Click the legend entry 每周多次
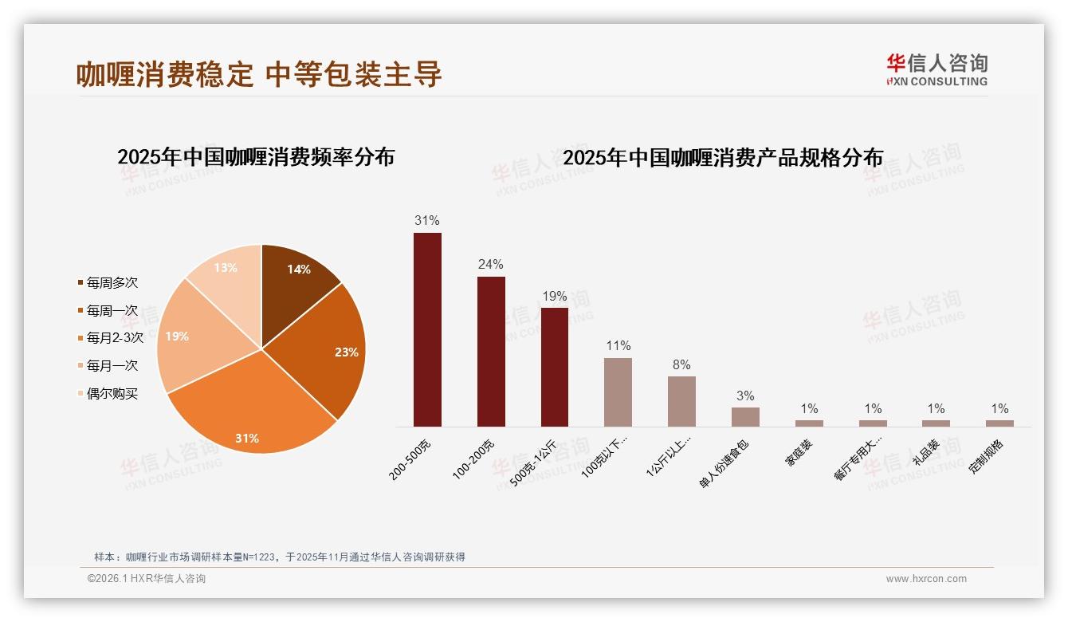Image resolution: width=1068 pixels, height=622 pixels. point(112,283)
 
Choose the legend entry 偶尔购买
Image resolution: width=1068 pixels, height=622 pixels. point(112,394)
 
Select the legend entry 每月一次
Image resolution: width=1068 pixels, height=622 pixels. point(112,366)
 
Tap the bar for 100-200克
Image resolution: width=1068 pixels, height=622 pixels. point(491,352)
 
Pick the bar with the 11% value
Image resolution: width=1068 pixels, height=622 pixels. point(618,392)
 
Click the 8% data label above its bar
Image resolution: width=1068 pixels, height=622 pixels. point(681,365)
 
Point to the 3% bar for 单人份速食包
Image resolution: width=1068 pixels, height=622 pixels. point(745,417)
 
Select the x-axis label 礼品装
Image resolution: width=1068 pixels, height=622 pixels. point(926,453)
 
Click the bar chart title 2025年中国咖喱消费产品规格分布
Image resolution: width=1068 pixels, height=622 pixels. point(723,158)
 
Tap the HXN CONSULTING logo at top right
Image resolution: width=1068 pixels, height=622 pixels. point(936,69)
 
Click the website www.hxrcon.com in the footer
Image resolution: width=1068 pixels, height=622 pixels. point(926,579)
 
